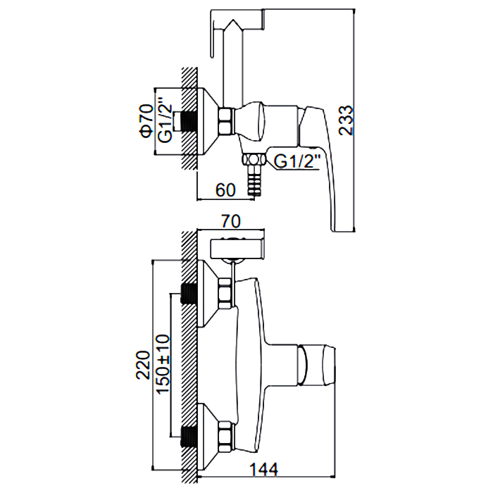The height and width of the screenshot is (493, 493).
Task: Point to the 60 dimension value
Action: click(225, 189)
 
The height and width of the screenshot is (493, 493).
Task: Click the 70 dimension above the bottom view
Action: click(230, 222)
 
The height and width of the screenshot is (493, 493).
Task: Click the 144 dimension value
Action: click(263, 468)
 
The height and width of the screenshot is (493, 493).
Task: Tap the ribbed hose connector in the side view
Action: click(253, 185)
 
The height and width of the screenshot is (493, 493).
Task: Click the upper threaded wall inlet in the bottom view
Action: click(189, 292)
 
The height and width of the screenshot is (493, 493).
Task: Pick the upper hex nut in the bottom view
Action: click(225, 292)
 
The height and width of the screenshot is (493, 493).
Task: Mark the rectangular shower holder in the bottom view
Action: click(237, 247)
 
